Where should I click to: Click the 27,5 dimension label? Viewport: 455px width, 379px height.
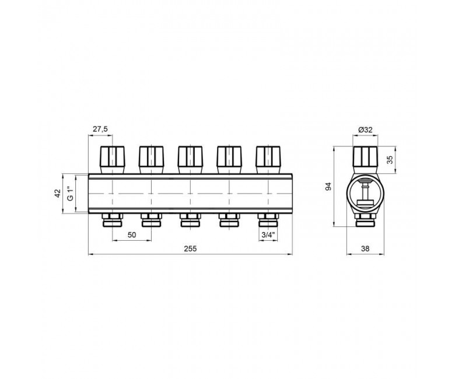[x=100, y=129]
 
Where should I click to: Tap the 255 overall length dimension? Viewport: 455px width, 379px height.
[x=190, y=248]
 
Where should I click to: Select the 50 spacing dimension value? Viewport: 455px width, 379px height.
[x=132, y=234]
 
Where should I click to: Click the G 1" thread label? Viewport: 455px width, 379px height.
[x=69, y=194]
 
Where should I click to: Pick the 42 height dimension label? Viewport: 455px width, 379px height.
[x=58, y=193]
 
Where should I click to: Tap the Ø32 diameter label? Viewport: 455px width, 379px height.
[x=365, y=129]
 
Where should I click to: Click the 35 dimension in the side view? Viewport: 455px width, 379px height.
[x=390, y=160]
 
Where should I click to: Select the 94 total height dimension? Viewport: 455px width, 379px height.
[x=328, y=187]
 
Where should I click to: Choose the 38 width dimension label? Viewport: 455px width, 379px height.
[x=365, y=248]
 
